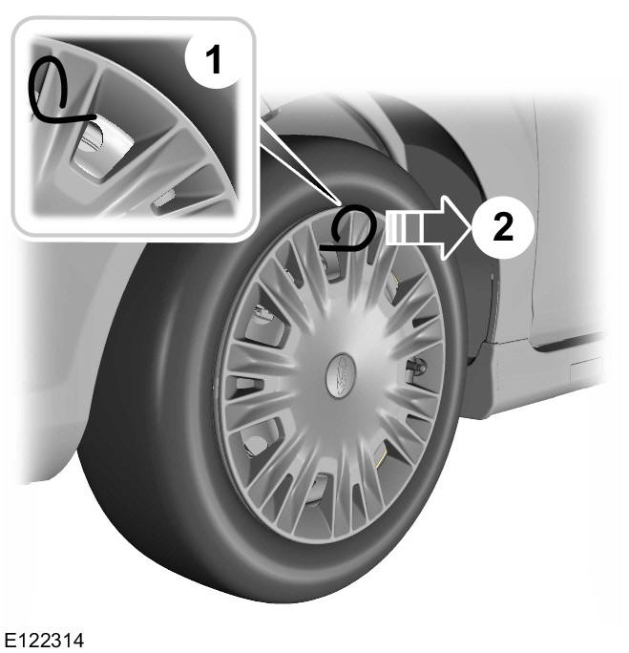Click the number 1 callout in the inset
[213, 60]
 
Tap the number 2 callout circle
[502, 228]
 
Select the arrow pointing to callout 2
[428, 227]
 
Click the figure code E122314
[44, 640]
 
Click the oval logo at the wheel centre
[341, 374]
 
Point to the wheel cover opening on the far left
[244, 387]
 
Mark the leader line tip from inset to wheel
[341, 204]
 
